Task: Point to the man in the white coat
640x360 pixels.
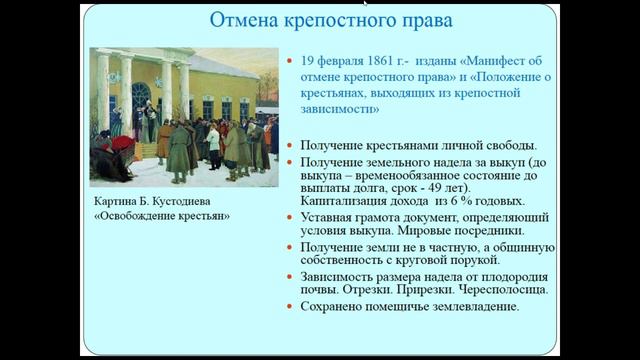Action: point(212,141)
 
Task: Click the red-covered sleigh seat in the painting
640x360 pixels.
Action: point(122,144)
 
